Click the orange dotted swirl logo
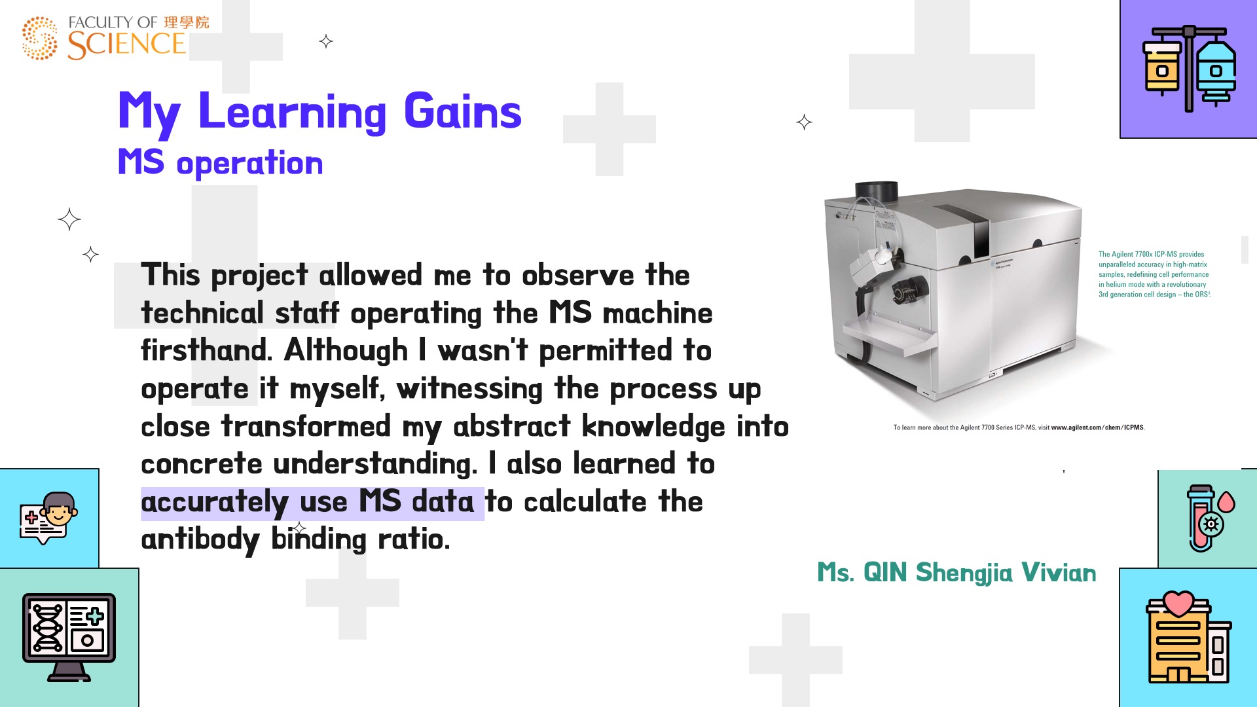click(x=40, y=38)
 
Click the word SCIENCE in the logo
click(x=127, y=45)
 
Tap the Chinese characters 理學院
click(x=187, y=22)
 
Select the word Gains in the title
click(x=463, y=111)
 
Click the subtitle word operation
click(x=249, y=163)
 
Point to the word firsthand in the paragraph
click(x=206, y=350)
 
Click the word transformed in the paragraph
click(x=306, y=426)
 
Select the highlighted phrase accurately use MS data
click(x=308, y=503)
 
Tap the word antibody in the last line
click(x=200, y=541)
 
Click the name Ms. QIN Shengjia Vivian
click(x=956, y=573)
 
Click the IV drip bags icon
click(x=1189, y=69)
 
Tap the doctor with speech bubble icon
click(x=49, y=518)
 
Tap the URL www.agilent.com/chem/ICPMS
click(x=1097, y=427)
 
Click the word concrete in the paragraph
click(x=202, y=464)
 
